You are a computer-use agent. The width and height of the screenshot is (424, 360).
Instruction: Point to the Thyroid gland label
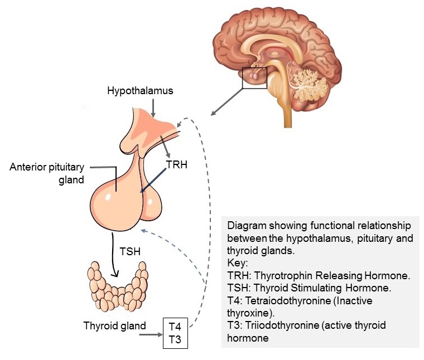pos(114,326)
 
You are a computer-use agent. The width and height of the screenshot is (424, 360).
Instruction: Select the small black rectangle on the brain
pos(254,77)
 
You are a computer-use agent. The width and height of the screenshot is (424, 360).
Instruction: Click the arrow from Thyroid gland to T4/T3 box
pos(149,335)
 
